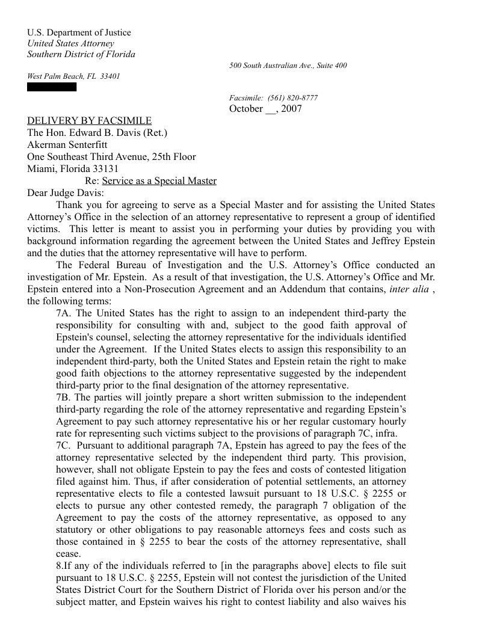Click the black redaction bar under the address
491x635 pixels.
pos(52,87)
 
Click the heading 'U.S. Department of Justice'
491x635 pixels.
pos(79,32)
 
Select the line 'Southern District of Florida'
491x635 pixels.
pos(81,54)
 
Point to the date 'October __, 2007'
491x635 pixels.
pos(265,109)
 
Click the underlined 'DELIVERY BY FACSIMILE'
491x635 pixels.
pos(89,121)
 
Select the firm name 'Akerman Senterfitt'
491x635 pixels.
pos(67,145)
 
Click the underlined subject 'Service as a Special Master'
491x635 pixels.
pos(159,181)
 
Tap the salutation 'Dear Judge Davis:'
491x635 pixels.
pos(66,193)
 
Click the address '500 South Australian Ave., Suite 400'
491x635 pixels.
pos(288,66)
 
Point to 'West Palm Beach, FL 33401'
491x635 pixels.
pos(73,76)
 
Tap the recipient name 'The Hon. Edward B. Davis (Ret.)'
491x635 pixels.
pos(97,133)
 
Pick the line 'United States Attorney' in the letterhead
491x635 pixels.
pos(70,43)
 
